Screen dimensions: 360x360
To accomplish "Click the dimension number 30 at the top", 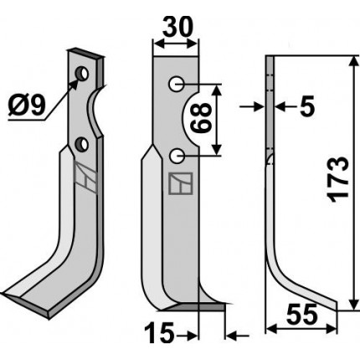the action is click(x=177, y=27).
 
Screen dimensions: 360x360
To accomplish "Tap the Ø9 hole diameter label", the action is click(x=27, y=106).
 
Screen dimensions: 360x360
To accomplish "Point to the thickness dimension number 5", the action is click(x=307, y=106).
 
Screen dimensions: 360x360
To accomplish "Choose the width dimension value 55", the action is click(x=302, y=314).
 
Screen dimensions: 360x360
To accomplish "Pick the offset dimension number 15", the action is click(x=159, y=332).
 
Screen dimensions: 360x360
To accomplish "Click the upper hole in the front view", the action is click(x=177, y=85).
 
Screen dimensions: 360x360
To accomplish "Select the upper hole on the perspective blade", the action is click(x=82, y=74).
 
